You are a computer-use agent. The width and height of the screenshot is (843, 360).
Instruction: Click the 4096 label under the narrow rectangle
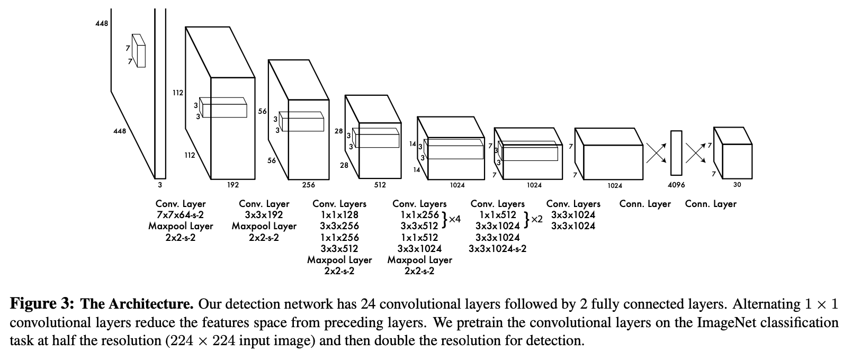point(676,185)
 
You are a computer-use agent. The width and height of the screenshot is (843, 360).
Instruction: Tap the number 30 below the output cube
point(737,185)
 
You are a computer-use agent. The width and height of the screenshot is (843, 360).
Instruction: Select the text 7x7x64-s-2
point(181,215)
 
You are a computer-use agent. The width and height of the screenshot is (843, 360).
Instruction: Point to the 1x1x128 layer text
point(339,215)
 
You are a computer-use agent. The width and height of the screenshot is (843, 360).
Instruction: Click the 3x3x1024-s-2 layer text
point(497,248)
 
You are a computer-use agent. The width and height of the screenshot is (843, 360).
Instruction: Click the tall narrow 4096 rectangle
point(676,152)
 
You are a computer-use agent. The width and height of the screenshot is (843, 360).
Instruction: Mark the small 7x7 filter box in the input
point(139,51)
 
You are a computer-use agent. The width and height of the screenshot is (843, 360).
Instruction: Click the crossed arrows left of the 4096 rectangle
point(656,152)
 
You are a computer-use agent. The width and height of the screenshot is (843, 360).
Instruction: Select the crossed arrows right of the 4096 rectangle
point(696,152)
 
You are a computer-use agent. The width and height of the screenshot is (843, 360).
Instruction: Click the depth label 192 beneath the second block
point(233,185)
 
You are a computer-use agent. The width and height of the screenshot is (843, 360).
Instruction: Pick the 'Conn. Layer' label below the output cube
point(711,204)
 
